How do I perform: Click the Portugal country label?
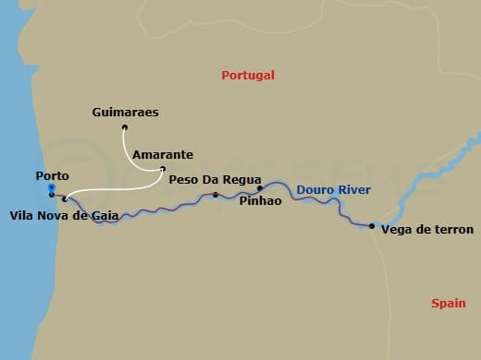pos(249,75)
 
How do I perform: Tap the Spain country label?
pos(449,303)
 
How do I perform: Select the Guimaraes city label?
pos(126,113)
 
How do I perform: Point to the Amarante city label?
pos(162,155)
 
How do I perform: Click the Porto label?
pos(52,175)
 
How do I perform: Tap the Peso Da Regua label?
pos(216,180)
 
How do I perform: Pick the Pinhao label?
pos(260,199)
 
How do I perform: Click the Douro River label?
pos(333,190)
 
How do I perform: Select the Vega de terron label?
pos(427,230)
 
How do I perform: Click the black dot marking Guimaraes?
pos(124,128)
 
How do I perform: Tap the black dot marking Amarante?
pos(163,169)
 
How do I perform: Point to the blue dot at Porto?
pos(51,187)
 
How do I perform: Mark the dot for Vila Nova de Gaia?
pos(64,198)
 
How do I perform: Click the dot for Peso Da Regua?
pos(216,195)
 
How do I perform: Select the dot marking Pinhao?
pos(260,187)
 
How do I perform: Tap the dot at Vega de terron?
pos(371,226)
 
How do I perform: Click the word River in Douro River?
pos(354,190)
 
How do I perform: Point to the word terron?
pos(454,230)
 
